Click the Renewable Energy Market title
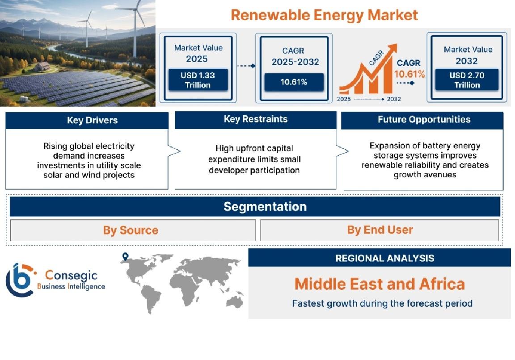[324, 15]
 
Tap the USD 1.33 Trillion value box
[198, 80]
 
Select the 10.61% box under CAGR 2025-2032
[294, 82]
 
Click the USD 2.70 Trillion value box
[467, 80]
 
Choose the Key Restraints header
[256, 119]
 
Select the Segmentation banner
[255, 207]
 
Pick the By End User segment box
[380, 230]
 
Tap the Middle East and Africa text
[380, 284]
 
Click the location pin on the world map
[125, 256]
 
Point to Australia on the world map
[234, 301]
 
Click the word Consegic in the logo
[71, 275]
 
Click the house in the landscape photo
[42, 67]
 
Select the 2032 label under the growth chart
[394, 99]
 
